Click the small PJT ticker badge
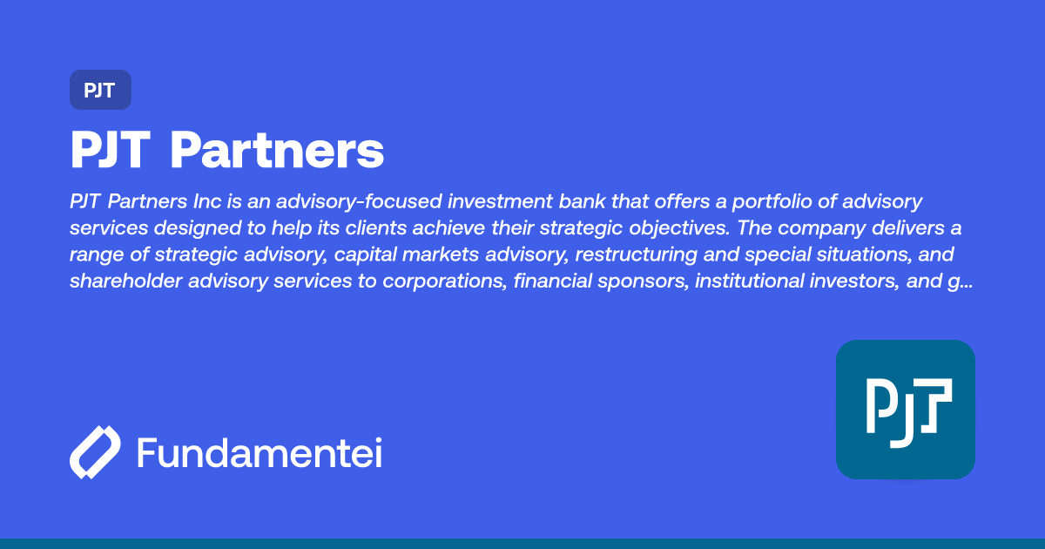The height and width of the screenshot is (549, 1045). [x=100, y=90]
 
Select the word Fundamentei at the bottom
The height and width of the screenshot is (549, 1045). [x=260, y=453]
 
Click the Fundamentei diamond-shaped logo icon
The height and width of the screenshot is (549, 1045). [x=95, y=453]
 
